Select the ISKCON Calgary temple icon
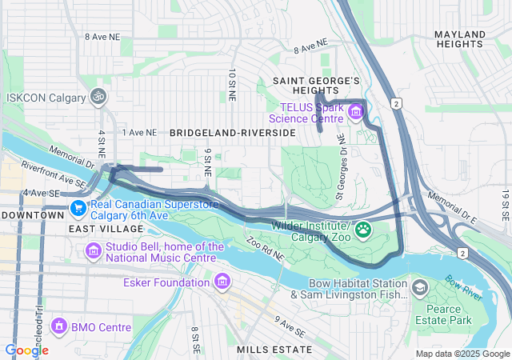click(x=98, y=97)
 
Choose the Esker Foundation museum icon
click(x=222, y=282)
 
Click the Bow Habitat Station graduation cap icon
click(x=419, y=287)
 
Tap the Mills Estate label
click(x=274, y=350)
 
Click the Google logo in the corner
click(x=26, y=350)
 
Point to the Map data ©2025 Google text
click(x=462, y=354)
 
